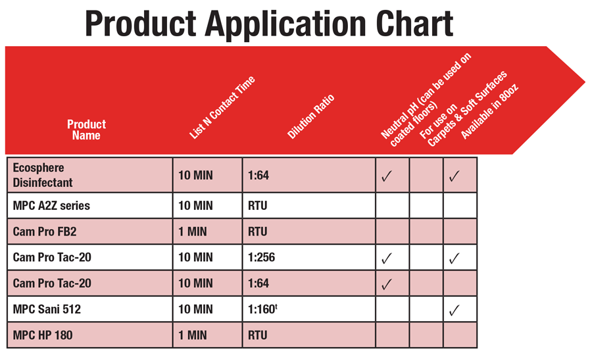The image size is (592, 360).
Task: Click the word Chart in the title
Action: click(414, 24)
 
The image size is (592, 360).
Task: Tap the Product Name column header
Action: click(86, 130)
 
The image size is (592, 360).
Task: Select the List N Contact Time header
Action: click(222, 107)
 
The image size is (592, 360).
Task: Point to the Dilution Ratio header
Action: click(310, 116)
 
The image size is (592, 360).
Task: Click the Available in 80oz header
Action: click(489, 111)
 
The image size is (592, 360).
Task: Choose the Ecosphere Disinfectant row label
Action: click(42, 175)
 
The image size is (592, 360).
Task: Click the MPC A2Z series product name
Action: click(51, 205)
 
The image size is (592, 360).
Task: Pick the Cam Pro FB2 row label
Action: click(45, 231)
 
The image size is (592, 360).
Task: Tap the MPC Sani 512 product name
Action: click(47, 309)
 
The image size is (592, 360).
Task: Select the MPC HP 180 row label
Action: click(43, 335)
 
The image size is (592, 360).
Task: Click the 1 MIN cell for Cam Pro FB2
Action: click(193, 231)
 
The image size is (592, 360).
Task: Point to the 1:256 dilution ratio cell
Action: click(261, 257)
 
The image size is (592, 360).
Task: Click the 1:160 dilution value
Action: click(262, 309)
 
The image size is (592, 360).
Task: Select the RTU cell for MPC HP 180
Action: click(257, 335)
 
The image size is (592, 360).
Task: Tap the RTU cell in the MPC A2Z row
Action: click(257, 205)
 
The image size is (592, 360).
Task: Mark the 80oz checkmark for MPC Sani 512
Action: click(454, 310)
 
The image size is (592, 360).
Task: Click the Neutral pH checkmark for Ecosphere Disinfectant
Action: click(387, 176)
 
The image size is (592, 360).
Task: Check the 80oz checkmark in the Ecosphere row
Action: click(454, 176)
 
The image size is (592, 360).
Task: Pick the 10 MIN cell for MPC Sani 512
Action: click(195, 309)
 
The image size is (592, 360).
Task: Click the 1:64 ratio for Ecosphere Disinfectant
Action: click(259, 175)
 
